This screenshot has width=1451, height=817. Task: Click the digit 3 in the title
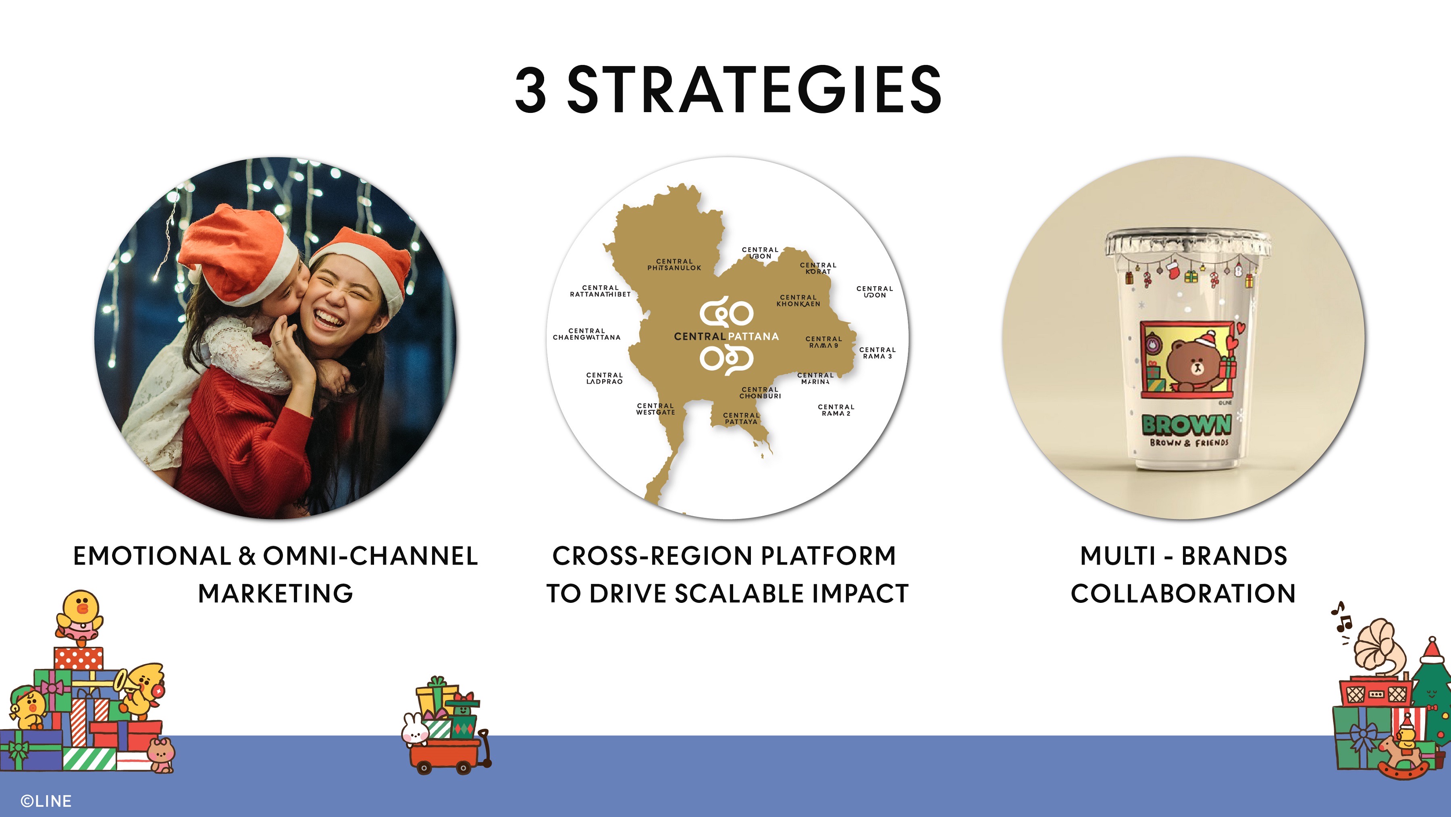(530, 89)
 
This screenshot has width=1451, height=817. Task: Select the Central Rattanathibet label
(601, 291)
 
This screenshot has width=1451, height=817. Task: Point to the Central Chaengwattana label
(586, 334)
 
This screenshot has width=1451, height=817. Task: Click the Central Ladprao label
(605, 378)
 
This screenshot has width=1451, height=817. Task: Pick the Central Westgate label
(656, 409)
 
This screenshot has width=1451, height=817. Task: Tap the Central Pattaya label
(741, 419)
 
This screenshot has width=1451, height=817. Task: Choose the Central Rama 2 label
(836, 410)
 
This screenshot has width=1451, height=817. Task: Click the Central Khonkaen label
(798, 301)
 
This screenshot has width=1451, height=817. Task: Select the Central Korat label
(818, 268)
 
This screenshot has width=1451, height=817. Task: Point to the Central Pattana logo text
(726, 336)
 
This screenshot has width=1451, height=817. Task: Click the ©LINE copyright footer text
(46, 800)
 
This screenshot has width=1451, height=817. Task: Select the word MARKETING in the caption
(275, 593)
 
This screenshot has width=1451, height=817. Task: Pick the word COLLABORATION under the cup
(1183, 593)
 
